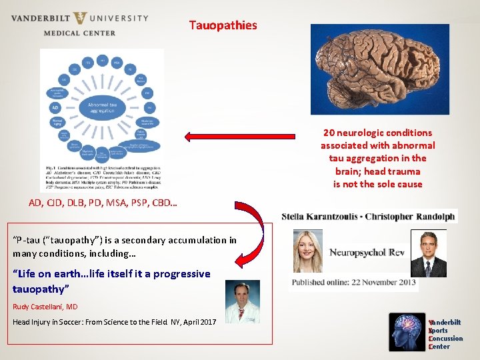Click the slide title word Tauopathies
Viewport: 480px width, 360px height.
pyautogui.click(x=223, y=25)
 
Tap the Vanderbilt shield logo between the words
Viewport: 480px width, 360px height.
pyautogui.click(x=81, y=17)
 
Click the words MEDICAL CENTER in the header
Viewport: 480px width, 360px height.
pyautogui.click(x=79, y=32)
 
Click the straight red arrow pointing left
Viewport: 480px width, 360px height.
pyautogui.click(x=227, y=137)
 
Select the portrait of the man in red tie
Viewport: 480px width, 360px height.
pyautogui.click(x=428, y=253)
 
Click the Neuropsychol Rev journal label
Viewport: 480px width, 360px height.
pyautogui.click(x=366, y=253)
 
